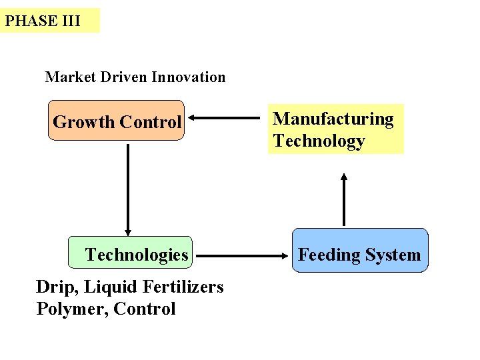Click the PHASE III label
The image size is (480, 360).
pyautogui.click(x=43, y=21)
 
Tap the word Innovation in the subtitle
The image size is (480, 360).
pyautogui.click(x=189, y=77)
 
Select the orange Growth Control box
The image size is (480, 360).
pyautogui.click(x=116, y=121)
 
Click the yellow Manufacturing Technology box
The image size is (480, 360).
pyautogui.click(x=335, y=129)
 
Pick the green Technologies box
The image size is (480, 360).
pyautogui.click(x=130, y=253)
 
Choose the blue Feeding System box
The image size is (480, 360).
pyautogui.click(x=359, y=251)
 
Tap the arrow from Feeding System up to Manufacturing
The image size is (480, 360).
pyautogui.click(x=344, y=199)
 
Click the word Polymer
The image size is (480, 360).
pyautogui.click(x=72, y=309)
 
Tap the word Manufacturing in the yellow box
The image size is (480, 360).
pyautogui.click(x=333, y=119)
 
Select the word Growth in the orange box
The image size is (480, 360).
pyautogui.click(x=83, y=123)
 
